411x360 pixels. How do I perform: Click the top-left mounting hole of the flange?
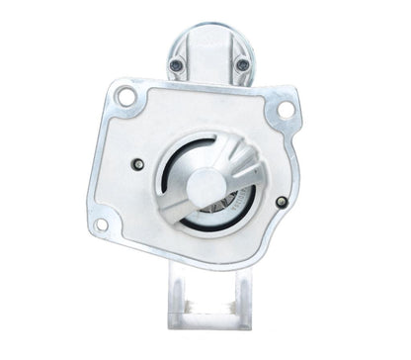[x=126, y=97]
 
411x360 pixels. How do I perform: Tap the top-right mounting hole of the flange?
[x=285, y=108]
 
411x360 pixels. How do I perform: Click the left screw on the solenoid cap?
[x=176, y=65]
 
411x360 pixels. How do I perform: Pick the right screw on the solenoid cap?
[x=242, y=65]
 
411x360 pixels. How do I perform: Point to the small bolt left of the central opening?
[x=137, y=164]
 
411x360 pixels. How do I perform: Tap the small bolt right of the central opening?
[x=282, y=202]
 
